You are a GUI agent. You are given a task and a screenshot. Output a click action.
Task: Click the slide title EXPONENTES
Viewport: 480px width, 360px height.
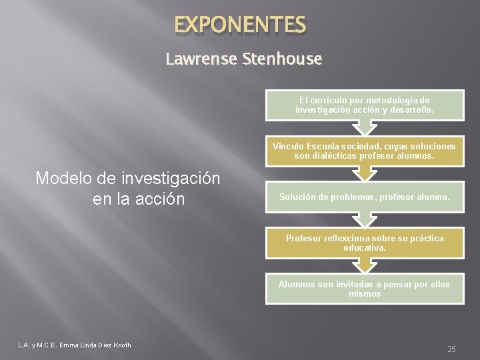click(x=240, y=26)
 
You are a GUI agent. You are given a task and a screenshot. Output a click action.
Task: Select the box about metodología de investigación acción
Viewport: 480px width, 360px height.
click(x=364, y=104)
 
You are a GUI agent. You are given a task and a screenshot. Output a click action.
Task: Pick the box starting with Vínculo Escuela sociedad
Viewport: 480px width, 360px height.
click(x=364, y=151)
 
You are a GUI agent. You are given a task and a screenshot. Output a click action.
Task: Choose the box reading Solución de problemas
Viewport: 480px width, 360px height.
click(x=364, y=197)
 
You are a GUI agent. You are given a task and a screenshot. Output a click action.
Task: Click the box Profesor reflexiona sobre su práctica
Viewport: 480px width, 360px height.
click(x=364, y=243)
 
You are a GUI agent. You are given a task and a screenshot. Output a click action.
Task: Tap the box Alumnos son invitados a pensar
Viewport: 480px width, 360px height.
click(x=364, y=289)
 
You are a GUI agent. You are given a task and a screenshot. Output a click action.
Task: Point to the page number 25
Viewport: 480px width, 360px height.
click(x=451, y=349)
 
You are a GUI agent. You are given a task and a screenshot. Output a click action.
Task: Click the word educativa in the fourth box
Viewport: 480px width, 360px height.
click(x=364, y=248)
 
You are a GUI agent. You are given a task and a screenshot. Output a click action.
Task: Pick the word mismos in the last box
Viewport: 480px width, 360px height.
click(x=364, y=294)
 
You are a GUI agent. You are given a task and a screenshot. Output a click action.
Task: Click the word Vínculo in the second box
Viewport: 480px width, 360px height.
click(x=289, y=146)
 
